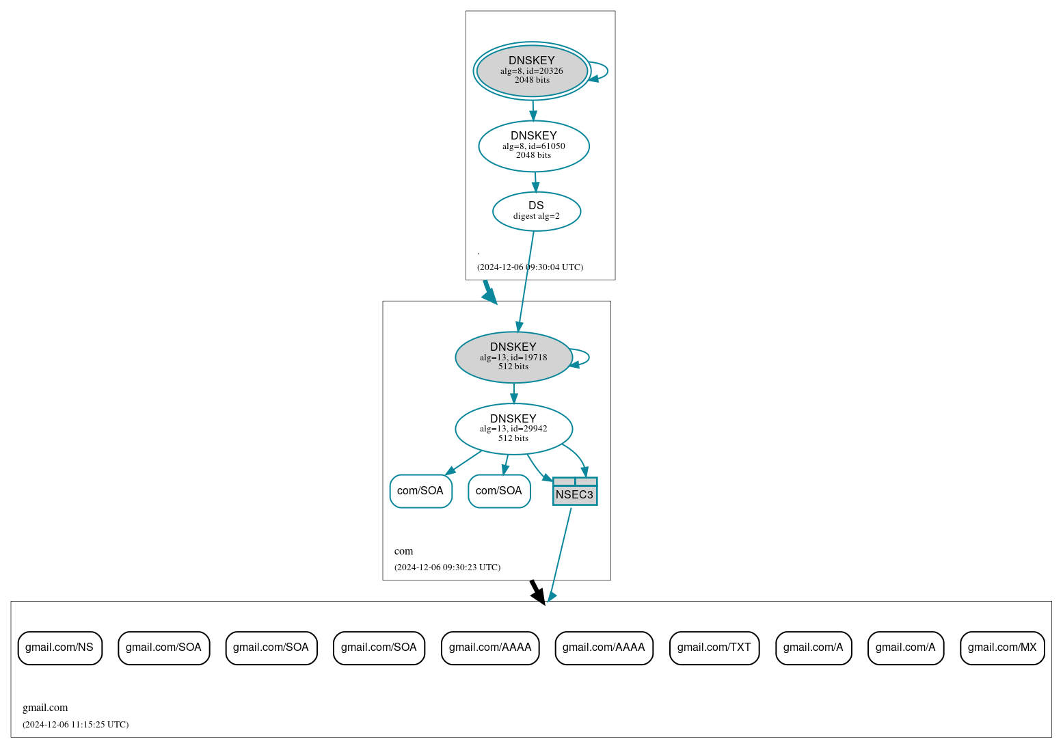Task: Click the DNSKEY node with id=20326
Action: (x=532, y=70)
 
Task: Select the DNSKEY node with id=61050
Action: (x=533, y=146)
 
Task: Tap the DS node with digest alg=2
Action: (x=536, y=211)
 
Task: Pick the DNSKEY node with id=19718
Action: (x=513, y=357)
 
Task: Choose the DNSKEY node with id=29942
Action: (x=513, y=429)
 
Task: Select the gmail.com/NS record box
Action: (x=59, y=647)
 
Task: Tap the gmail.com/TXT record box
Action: (x=714, y=647)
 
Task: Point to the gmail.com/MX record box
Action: (x=1001, y=647)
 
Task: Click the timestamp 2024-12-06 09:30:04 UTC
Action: (x=530, y=267)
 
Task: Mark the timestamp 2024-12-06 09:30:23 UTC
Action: (x=447, y=567)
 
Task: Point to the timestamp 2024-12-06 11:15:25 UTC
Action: (x=75, y=725)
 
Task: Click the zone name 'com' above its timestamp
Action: (x=403, y=551)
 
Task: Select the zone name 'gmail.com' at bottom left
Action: (x=45, y=708)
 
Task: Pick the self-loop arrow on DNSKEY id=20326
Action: (x=606, y=70)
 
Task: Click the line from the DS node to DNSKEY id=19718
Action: (x=526, y=280)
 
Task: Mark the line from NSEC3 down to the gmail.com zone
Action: (x=560, y=554)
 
